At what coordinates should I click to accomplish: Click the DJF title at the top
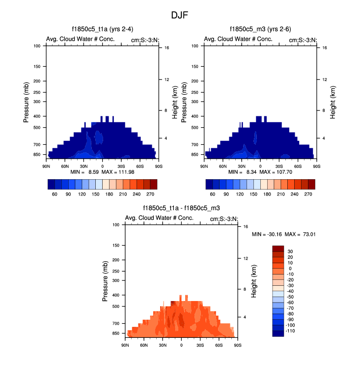(x=179, y=15)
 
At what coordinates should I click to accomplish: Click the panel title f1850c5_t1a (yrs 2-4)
(x=102, y=30)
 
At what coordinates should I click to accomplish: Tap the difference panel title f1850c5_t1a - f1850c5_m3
(x=181, y=209)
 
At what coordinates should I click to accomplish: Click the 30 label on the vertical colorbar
(x=290, y=251)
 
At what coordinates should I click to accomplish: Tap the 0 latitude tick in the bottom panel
(x=181, y=345)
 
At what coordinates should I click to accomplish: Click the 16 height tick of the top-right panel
(x=318, y=48)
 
